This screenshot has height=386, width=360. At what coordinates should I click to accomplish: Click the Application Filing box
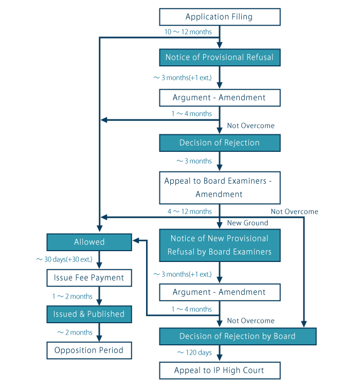click(220, 17)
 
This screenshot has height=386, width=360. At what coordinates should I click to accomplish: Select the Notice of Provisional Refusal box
click(220, 57)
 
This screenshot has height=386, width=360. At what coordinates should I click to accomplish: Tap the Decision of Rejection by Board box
click(237, 336)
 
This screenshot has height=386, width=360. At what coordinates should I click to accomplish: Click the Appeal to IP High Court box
click(220, 371)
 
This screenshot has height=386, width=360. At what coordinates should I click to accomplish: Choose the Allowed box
click(89, 242)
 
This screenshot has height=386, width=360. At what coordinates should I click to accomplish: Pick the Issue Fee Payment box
click(89, 278)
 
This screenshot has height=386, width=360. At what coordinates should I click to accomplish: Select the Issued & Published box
click(89, 314)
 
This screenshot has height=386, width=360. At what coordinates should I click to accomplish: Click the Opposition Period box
click(89, 350)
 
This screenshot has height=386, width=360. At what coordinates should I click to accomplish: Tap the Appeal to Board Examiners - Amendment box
click(220, 187)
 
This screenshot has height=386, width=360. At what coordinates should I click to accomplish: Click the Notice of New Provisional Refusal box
click(220, 245)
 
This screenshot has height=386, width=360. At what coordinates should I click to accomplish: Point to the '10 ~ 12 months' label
click(188, 32)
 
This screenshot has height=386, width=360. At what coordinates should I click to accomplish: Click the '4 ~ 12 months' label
click(189, 212)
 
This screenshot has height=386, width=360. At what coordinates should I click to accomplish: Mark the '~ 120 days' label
click(194, 353)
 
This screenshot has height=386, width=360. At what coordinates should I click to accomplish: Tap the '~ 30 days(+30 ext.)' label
click(64, 259)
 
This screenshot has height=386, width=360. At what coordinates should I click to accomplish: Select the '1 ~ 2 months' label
click(72, 296)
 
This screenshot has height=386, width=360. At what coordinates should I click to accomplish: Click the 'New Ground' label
click(247, 223)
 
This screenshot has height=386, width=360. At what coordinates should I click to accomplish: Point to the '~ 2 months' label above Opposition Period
click(75, 332)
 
